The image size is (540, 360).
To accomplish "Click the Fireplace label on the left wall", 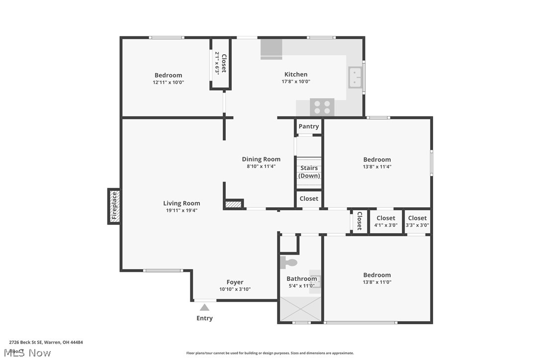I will (114, 206).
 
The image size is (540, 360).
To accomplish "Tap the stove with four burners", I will (322, 107).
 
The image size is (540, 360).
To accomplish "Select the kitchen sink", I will (355, 77).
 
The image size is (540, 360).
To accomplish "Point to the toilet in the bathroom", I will (288, 262).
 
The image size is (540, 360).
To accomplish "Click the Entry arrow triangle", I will (204, 308).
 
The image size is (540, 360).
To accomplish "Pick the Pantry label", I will (309, 126).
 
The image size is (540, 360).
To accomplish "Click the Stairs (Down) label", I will (309, 172).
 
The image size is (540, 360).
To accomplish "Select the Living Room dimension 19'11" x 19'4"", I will (181, 210).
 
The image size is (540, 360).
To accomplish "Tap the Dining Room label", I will (261, 159).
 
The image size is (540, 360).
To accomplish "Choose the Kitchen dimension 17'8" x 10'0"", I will (296, 82).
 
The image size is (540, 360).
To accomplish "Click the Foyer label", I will (235, 282).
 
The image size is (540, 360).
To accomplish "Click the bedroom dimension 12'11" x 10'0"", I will (168, 83).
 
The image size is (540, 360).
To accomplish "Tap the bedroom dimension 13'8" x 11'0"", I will (377, 282).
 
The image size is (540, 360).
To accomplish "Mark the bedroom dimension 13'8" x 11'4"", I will (377, 167).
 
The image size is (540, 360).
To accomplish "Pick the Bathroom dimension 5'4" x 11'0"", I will (301, 285).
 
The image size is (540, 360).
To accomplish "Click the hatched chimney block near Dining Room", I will (233, 203).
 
